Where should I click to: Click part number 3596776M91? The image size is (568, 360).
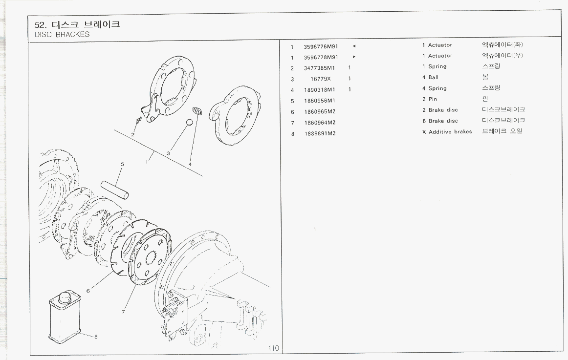pyautogui.click(x=321, y=47)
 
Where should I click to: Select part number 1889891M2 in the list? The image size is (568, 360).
pyautogui.click(x=320, y=133)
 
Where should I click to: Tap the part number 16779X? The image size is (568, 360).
pyautogui.click(x=321, y=79)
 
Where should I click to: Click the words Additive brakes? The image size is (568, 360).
pyautogui.click(x=450, y=132)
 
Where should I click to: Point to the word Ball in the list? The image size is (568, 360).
pyautogui.click(x=434, y=78)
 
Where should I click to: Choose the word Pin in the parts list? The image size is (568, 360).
pyautogui.click(x=433, y=99)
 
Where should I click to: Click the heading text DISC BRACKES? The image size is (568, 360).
pyautogui.click(x=62, y=35)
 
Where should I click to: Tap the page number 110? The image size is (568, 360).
pyautogui.click(x=273, y=348)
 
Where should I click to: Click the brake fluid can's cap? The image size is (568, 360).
pyautogui.click(x=65, y=297)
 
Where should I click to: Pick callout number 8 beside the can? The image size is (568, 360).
pyautogui.click(x=96, y=336)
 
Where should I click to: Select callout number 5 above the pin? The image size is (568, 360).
pyautogui.click(x=122, y=164)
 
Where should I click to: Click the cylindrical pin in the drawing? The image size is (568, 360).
pyautogui.click(x=115, y=189)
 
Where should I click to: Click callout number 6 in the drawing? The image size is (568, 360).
pyautogui.click(x=88, y=291)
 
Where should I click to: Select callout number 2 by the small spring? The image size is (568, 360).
pyautogui.click(x=133, y=134)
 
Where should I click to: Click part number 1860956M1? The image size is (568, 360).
pyautogui.click(x=320, y=101)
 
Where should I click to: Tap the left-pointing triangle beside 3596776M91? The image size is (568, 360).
pyautogui.click(x=354, y=46)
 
